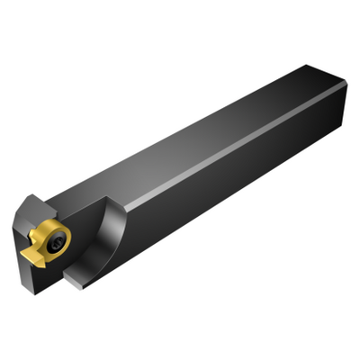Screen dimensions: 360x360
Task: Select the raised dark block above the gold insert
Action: (36, 211)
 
